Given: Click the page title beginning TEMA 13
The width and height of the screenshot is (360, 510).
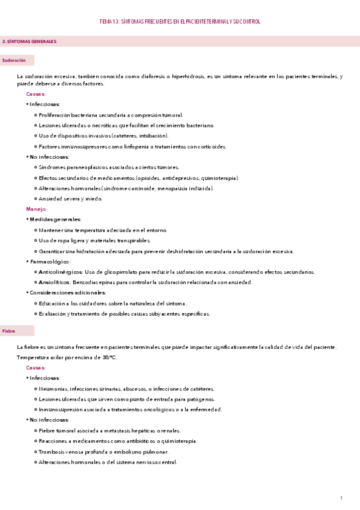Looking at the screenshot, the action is point(180,22).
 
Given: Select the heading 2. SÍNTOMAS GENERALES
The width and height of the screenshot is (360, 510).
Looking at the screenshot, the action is point(29,41).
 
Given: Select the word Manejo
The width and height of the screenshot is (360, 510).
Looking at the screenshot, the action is point(36,209).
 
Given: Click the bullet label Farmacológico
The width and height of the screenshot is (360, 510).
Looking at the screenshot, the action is point(50,262).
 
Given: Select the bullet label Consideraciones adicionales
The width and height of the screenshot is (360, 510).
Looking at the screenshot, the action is point(68,292).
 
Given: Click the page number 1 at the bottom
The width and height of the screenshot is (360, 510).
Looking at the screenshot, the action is point(341,498).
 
